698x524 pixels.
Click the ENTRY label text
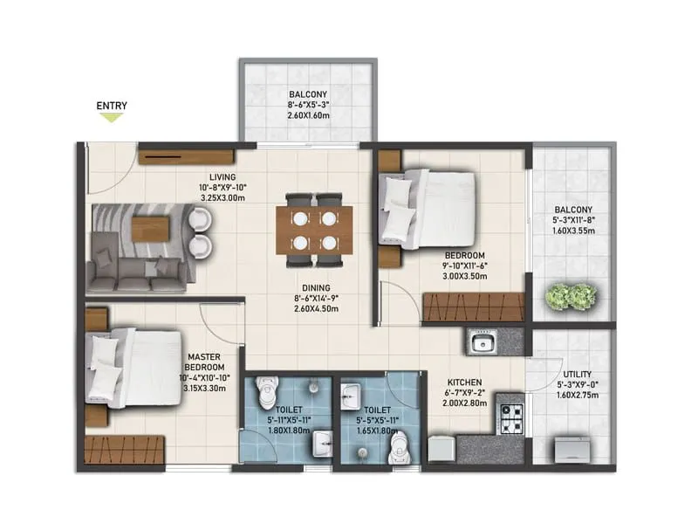[112, 107]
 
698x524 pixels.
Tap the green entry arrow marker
[111, 118]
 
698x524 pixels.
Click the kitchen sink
[481, 342]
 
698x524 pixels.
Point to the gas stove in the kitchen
[510, 410]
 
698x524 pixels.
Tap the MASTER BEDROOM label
[206, 361]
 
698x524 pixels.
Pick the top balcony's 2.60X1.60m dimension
[310, 115]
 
